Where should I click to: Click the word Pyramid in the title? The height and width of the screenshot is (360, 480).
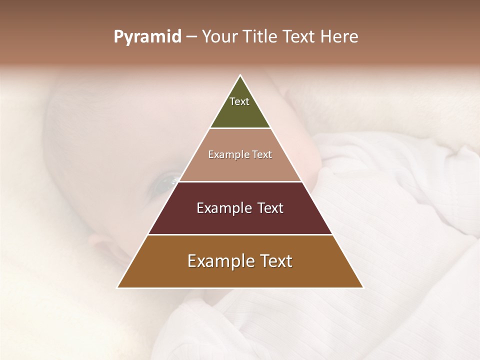[x=147, y=37]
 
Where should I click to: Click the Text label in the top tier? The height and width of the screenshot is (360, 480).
[x=239, y=101]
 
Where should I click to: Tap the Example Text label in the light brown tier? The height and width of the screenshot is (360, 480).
[x=240, y=154]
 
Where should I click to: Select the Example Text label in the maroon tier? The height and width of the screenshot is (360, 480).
[x=240, y=208]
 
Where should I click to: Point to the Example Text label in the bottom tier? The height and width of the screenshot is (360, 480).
[x=240, y=261]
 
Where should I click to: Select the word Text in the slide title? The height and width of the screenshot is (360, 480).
[x=299, y=37]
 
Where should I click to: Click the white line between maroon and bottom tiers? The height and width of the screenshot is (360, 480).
[x=240, y=234]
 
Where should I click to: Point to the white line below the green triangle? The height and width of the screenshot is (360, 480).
[x=240, y=128]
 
